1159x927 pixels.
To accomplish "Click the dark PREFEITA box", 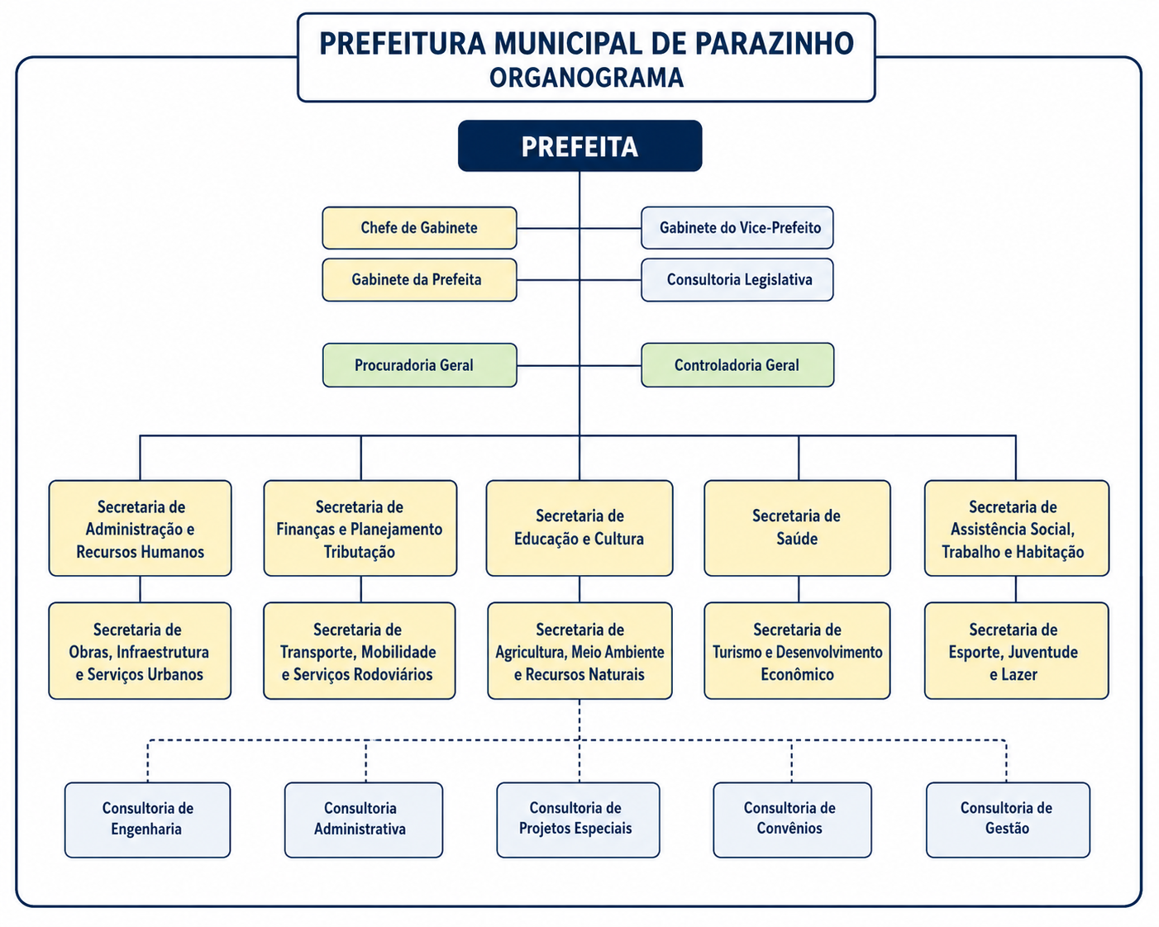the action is pyautogui.click(x=579, y=146).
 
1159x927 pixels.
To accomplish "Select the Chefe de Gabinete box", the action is pyautogui.click(x=420, y=228).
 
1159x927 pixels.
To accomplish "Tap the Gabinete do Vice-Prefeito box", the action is pyautogui.click(x=737, y=228).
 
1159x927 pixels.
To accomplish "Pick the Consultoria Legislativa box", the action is pyautogui.click(x=737, y=280).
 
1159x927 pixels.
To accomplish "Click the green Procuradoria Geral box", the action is pyautogui.click(x=420, y=365).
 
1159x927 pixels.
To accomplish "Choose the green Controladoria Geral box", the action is pyautogui.click(x=737, y=365).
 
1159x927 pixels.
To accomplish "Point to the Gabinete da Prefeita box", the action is pyautogui.click(x=420, y=280).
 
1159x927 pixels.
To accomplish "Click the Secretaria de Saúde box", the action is pyautogui.click(x=797, y=528).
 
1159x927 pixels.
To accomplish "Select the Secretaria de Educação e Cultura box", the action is pyautogui.click(x=579, y=528).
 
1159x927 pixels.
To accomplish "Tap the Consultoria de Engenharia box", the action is pyautogui.click(x=148, y=820).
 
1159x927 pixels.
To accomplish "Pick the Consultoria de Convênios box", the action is pyautogui.click(x=792, y=820).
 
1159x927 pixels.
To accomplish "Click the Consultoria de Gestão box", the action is pyautogui.click(x=1009, y=820).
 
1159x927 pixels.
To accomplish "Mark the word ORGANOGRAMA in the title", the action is pyautogui.click(x=586, y=78).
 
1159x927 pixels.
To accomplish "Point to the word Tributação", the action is pyautogui.click(x=360, y=552).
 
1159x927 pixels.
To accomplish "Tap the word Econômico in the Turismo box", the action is pyautogui.click(x=797, y=674).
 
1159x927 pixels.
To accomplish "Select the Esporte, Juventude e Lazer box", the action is pyautogui.click(x=1016, y=651).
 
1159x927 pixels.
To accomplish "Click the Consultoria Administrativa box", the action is pyautogui.click(x=364, y=820).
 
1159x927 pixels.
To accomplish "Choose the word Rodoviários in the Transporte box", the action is pyautogui.click(x=392, y=674).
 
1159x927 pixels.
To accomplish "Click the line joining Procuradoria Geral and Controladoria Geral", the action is pyautogui.click(x=579, y=365).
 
